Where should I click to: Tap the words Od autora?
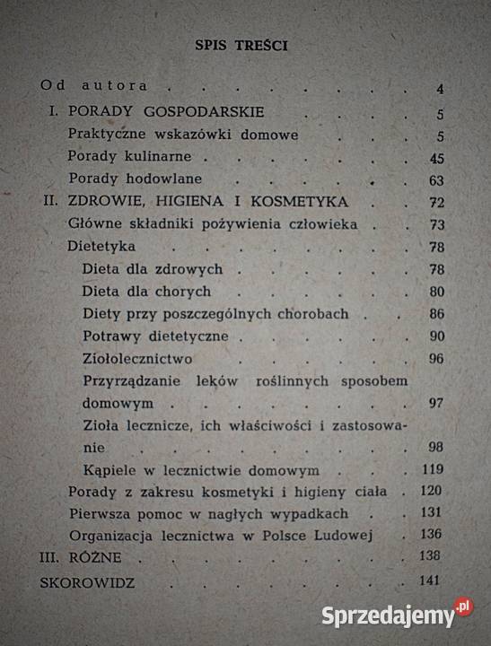coord(93,86)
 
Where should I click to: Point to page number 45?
coord(437,158)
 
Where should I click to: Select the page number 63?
coord(437,179)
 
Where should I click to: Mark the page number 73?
coord(437,223)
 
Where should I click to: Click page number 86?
coord(437,315)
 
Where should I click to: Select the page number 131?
coord(434,514)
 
